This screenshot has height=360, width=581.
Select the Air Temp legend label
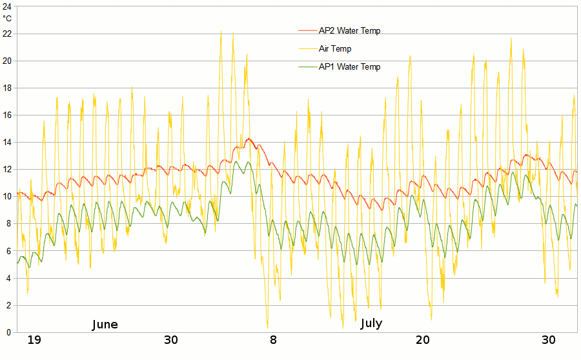click(x=335, y=48)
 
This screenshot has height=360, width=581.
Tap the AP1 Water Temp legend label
click(x=349, y=66)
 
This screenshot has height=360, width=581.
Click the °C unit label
click(x=7, y=18)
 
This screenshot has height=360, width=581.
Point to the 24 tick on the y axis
click(x=6, y=6)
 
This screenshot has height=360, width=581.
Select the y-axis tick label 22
click(x=6, y=34)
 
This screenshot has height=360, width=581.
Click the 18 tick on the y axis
click(x=6, y=88)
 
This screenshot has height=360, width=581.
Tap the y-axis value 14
click(x=6, y=142)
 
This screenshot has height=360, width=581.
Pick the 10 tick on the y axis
click(x=6, y=196)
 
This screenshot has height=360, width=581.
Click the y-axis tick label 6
click(x=8, y=251)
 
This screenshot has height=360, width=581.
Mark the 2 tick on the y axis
click(x=8, y=305)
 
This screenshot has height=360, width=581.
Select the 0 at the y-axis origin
click(x=8, y=332)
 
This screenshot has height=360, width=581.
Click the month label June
click(x=105, y=325)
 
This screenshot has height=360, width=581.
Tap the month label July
click(x=371, y=323)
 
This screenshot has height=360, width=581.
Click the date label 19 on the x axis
click(x=34, y=340)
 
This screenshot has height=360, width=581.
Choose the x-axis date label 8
click(x=273, y=340)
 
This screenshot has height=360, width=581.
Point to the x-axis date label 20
click(x=423, y=340)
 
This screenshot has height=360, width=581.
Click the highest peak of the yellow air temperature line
click(x=221, y=32)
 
